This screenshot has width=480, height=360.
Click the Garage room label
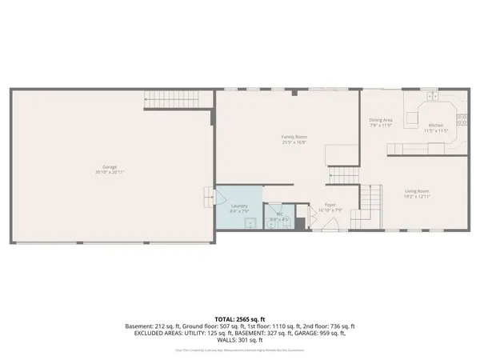[110, 166]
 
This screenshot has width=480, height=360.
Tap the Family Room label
[294, 137]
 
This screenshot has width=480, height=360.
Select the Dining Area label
[381, 120]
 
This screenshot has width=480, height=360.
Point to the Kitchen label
[436, 125]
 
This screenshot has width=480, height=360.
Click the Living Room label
[417, 190]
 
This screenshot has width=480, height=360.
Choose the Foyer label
[330, 205]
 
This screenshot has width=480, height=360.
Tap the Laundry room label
[239, 206]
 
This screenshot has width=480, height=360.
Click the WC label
[280, 214]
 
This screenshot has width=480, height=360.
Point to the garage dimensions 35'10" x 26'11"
[110, 172]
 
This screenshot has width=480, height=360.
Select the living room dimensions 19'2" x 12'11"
[417, 196]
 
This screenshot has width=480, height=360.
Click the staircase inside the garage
[170, 100]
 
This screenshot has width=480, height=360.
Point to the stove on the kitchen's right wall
[462, 122]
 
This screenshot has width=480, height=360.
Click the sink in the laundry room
[250, 222]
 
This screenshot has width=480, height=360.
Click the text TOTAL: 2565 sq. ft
[240, 319]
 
